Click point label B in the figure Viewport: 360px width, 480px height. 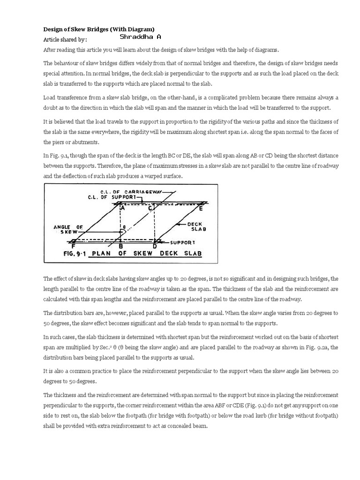tap(121, 246)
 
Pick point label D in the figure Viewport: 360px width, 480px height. tap(156, 246)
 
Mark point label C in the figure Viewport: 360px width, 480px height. tap(151, 209)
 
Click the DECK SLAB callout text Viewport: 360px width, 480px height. tap(197, 227)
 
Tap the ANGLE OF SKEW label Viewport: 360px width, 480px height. tap(68, 229)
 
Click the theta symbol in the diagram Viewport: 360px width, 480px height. tap(124, 227)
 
